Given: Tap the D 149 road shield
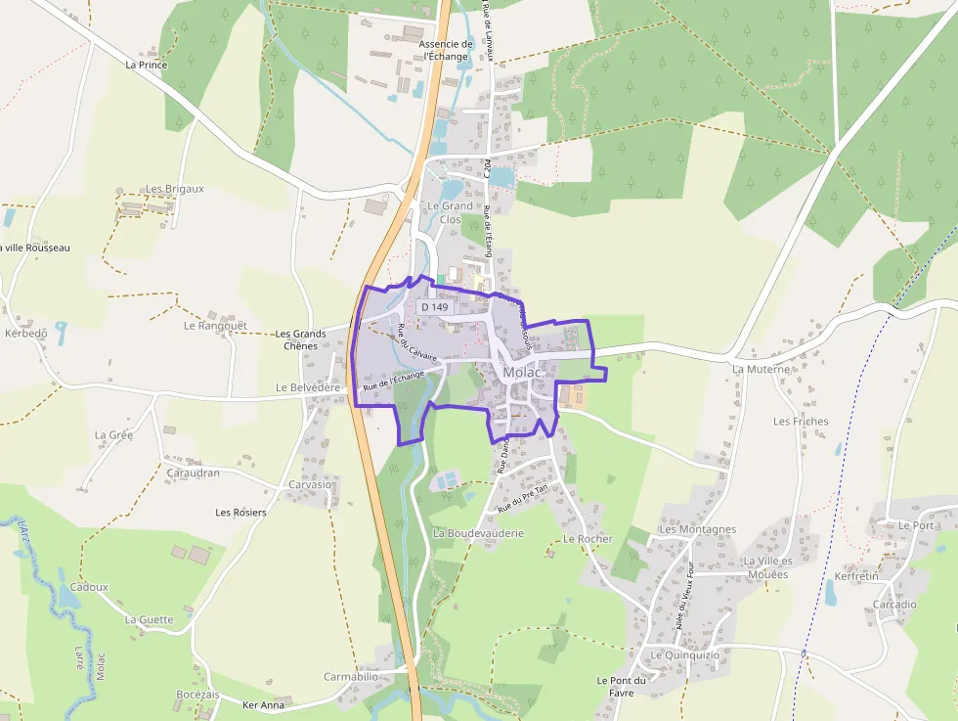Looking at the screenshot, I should (435, 307).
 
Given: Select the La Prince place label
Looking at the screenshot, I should (147, 65).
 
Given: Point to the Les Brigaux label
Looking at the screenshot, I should (175, 189).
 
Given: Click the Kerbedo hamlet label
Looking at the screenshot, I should (25, 334).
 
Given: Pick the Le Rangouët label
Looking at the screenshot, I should (215, 325).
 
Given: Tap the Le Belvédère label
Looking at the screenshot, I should (308, 387).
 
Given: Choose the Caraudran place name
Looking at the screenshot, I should (193, 473).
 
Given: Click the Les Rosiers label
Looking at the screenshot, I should (240, 513).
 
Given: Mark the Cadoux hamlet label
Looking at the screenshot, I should (89, 587).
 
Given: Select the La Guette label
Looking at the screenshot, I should (149, 619).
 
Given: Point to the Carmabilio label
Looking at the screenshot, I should (351, 676).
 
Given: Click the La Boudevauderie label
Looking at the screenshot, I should (479, 533).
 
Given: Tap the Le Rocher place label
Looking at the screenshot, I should (588, 539).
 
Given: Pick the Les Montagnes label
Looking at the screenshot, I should (698, 529).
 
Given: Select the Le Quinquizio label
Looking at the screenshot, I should (684, 654).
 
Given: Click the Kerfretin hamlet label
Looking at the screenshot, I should (857, 576).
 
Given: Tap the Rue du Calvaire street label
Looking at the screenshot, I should (417, 342).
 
